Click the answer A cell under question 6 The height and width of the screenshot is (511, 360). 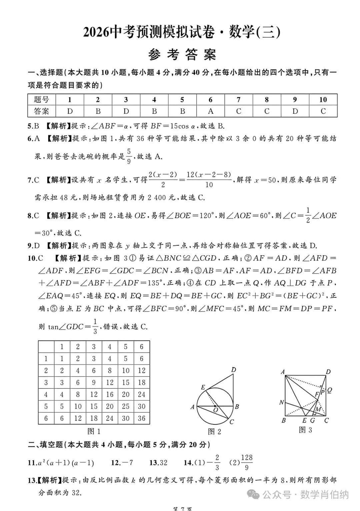[210, 111]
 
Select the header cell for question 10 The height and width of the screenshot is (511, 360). [323, 100]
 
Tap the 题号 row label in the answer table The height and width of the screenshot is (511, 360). [42, 100]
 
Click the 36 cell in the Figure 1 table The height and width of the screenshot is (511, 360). [142, 418]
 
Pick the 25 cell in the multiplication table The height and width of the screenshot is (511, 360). [126, 406]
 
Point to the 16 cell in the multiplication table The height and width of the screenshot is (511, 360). [110, 394]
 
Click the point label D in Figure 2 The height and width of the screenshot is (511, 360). [233, 369]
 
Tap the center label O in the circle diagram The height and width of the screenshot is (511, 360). [216, 410]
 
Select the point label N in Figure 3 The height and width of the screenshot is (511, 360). [282, 402]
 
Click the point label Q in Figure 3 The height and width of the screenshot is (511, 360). [329, 390]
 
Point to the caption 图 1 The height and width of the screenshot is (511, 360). [94, 431]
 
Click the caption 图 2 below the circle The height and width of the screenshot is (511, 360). [214, 432]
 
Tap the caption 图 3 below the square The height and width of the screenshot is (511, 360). [305, 430]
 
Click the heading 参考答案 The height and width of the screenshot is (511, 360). [182, 55]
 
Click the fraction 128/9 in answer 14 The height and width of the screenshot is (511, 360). [247, 462]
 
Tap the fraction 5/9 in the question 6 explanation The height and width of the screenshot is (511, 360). [129, 156]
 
